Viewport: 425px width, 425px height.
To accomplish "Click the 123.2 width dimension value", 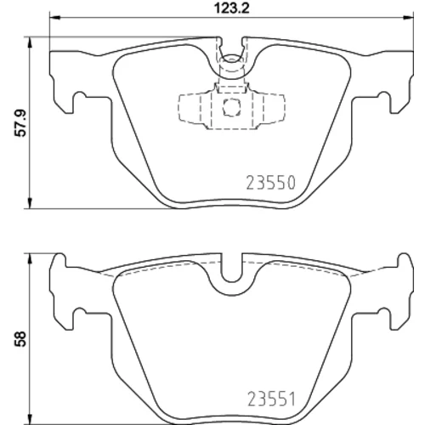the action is click(x=231, y=8).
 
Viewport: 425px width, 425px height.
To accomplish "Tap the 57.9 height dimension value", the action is click(x=20, y=123).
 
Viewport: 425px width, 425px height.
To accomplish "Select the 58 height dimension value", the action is click(x=20, y=339).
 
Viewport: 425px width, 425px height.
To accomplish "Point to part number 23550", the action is click(x=271, y=183).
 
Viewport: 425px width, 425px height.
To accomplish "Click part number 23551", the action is click(x=272, y=399).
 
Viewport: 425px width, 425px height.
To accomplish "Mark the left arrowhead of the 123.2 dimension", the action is click(x=55, y=18).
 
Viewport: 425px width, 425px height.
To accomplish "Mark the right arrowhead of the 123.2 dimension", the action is click(x=408, y=18).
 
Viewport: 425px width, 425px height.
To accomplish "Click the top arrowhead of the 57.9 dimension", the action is click(x=30, y=42).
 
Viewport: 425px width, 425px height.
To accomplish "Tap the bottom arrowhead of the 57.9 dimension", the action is click(x=30, y=203).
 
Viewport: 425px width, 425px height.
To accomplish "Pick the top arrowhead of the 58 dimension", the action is click(x=30, y=258).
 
